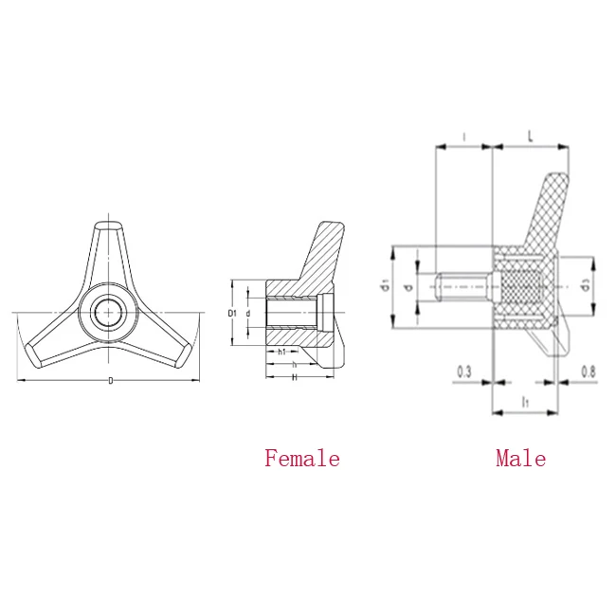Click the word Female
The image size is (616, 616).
point(301,459)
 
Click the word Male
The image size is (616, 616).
point(520,459)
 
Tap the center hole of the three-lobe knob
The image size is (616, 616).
point(108,313)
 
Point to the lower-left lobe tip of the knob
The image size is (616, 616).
point(33,353)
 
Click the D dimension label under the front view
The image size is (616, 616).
point(110,381)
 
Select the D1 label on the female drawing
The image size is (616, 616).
point(232,312)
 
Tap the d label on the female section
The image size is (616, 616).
point(248,312)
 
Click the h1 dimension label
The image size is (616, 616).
point(282,352)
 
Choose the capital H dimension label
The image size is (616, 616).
point(295,376)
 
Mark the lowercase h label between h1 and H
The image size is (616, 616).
point(294,364)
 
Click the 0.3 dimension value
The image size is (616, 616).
point(464,372)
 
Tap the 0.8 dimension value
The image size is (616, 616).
point(587,372)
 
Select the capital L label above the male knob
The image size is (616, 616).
point(530,138)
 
